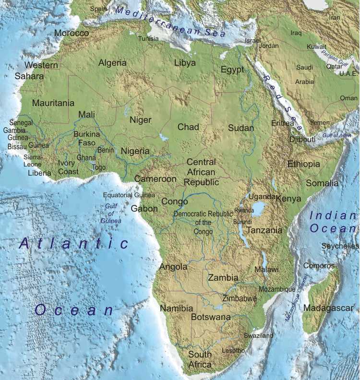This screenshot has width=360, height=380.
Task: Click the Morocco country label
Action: [72, 33]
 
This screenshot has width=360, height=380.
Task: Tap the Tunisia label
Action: [148, 39]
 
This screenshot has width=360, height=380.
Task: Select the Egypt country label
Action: [232, 70]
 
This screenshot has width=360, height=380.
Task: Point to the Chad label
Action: [188, 127]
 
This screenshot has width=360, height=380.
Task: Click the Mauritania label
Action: [53, 103]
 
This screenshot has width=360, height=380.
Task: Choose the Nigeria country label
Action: [135, 151]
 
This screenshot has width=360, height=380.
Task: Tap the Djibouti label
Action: [302, 139]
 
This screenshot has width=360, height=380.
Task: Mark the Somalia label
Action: [322, 183]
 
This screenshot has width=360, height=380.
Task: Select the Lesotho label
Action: [233, 351]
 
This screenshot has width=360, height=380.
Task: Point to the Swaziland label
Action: [258, 335]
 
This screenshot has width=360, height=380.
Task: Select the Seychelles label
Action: [340, 246]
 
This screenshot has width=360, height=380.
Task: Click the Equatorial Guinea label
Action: [129, 195]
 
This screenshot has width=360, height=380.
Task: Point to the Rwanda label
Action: [244, 211]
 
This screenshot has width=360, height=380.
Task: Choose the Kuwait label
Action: [317, 47]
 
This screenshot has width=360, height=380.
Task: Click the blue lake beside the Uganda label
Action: [259, 209]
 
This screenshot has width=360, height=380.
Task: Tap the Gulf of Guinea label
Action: [111, 214]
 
